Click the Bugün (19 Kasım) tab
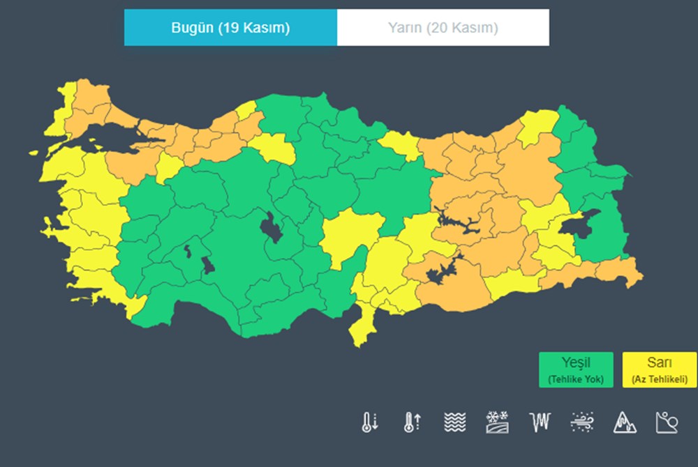(230, 28)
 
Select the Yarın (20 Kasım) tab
(443, 28)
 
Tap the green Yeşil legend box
(576, 369)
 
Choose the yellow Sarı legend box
(659, 369)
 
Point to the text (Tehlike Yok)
(576, 380)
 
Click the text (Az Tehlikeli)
(660, 380)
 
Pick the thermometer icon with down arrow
(370, 422)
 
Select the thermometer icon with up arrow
(412, 422)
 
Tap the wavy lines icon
(454, 422)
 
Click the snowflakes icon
(497, 422)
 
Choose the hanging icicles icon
(540, 422)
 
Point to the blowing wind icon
(581, 422)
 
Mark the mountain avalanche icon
(624, 422)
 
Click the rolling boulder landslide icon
(667, 422)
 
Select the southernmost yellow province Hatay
(360, 328)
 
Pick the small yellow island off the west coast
(33, 151)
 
